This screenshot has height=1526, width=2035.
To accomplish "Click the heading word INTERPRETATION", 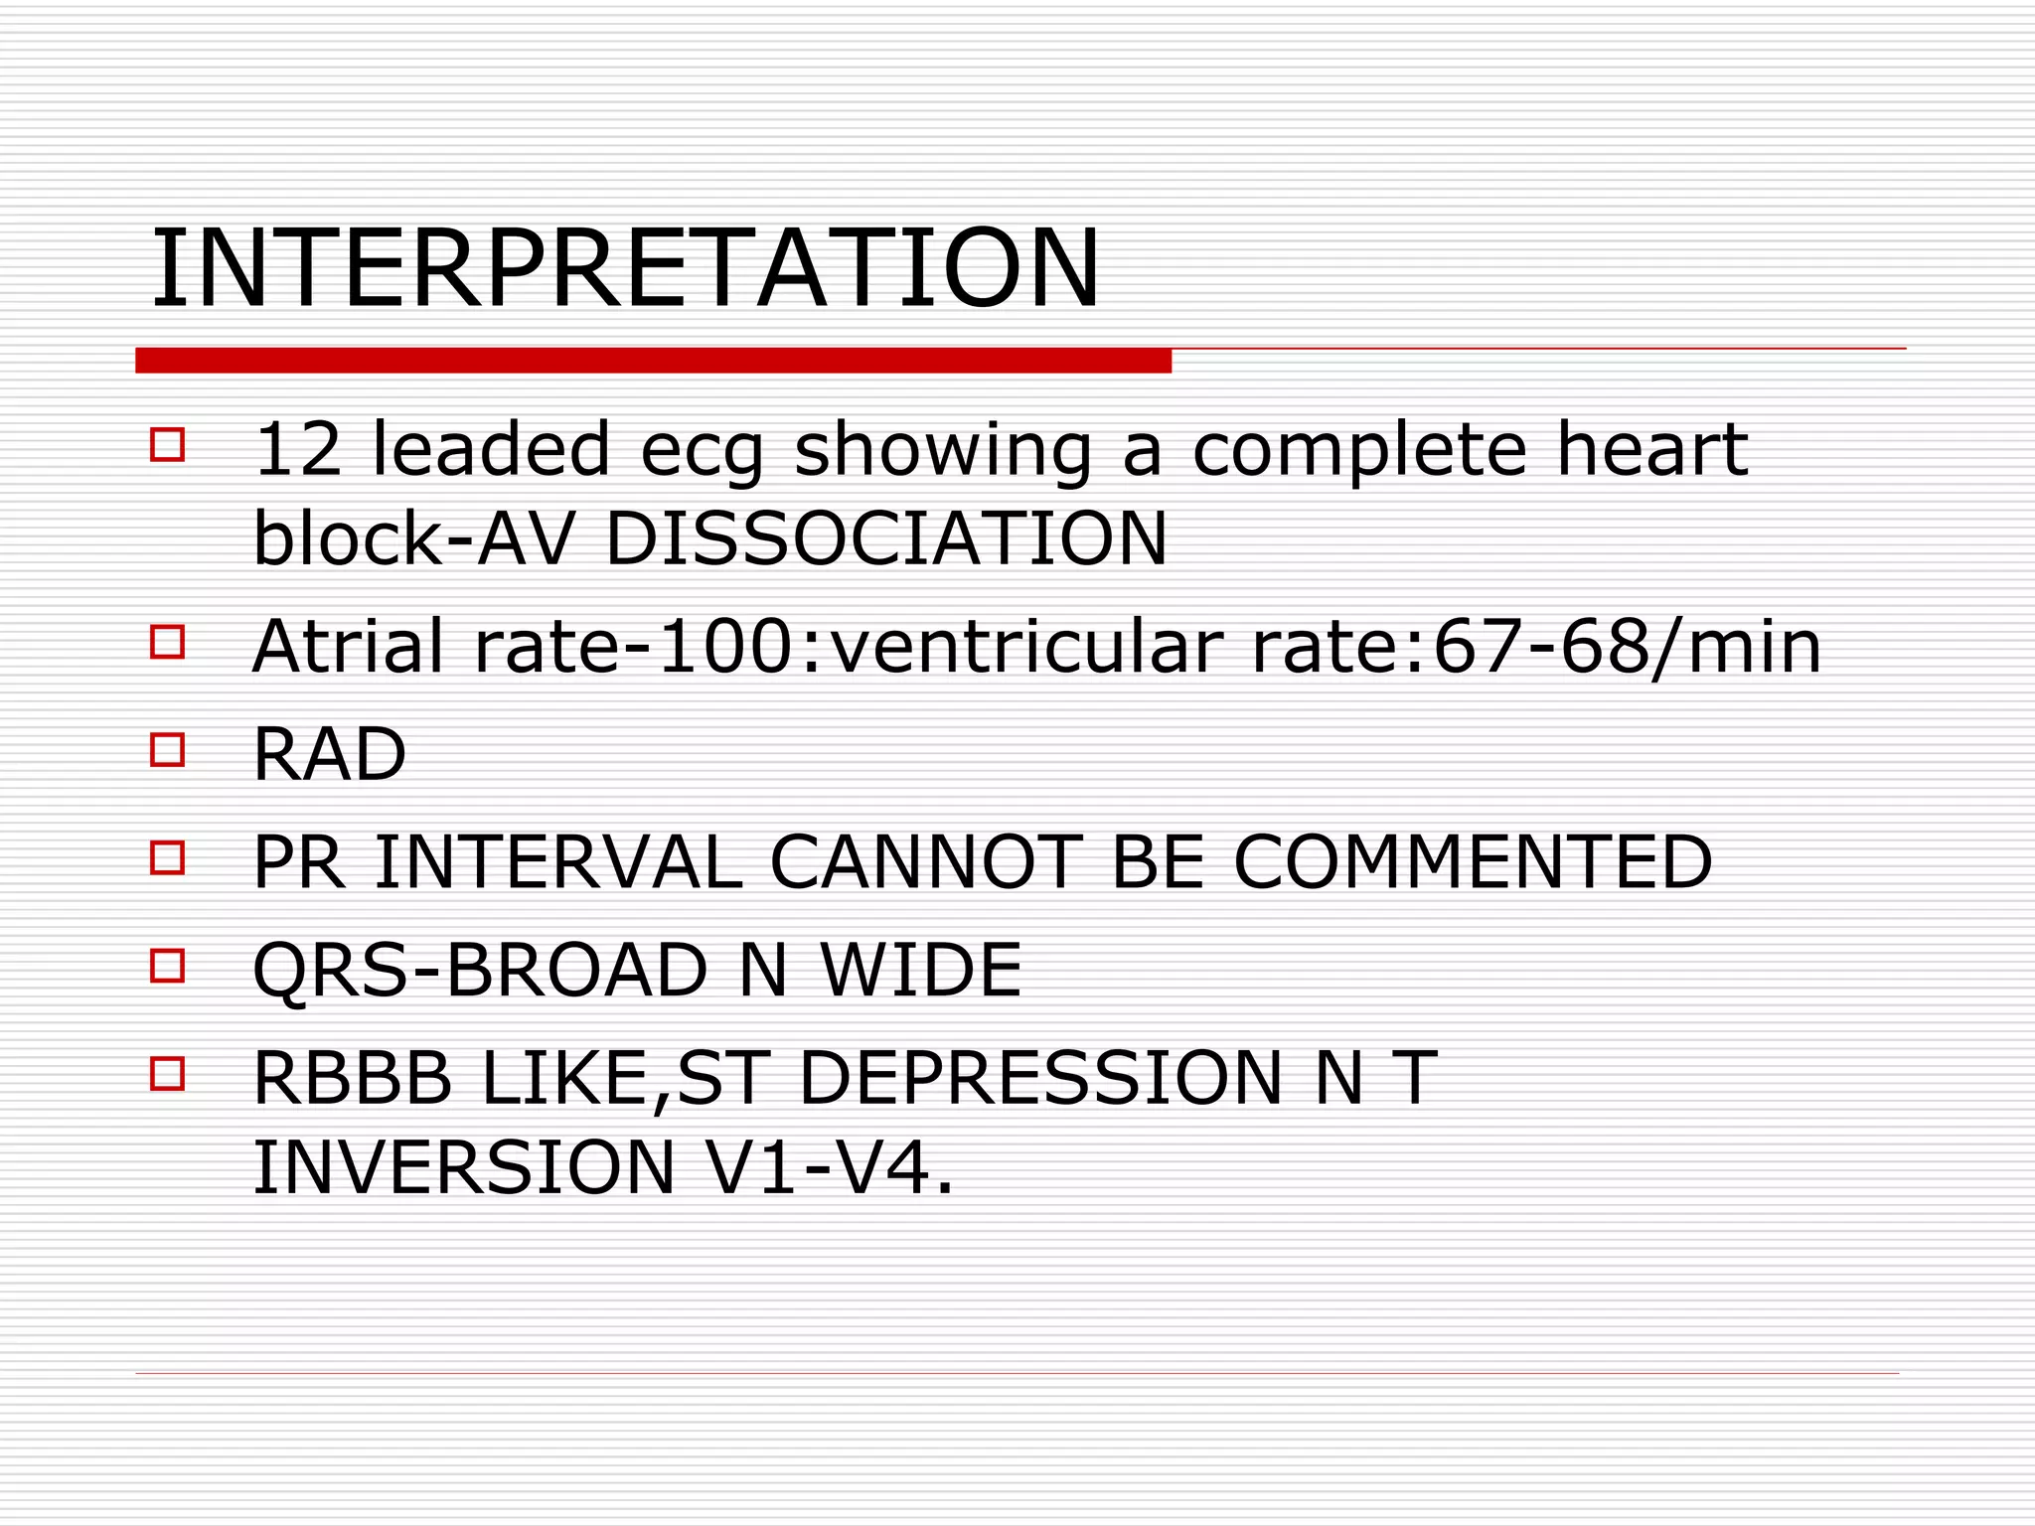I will (625, 268).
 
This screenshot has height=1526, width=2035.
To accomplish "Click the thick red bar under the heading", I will (653, 360).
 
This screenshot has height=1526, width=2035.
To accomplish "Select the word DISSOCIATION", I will (886, 538).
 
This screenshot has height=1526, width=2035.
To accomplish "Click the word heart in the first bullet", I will (1651, 449).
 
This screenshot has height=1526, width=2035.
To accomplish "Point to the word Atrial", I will (348, 647).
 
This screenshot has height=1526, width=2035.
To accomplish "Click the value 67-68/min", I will (1627, 647).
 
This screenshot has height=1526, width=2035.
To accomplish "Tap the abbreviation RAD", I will (330, 754).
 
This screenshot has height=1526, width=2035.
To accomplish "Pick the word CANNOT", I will (925, 861).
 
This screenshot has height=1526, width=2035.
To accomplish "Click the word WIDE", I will (921, 970).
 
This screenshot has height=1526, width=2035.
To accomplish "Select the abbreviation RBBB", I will (354, 1078).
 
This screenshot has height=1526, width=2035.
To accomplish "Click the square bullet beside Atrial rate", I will (168, 642).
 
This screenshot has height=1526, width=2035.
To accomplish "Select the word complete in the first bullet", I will (1359, 451).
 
